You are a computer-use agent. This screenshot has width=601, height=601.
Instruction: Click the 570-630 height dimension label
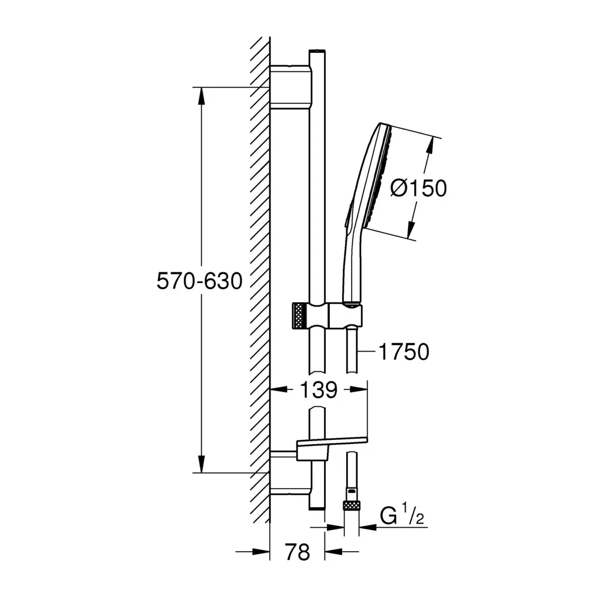click(x=200, y=281)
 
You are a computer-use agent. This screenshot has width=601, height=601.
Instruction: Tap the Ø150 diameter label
click(x=418, y=188)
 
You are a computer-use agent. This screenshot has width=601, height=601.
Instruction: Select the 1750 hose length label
click(x=404, y=352)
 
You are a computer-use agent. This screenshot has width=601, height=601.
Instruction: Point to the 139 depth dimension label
click(x=319, y=390)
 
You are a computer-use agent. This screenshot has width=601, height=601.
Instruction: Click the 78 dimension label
click(x=297, y=552)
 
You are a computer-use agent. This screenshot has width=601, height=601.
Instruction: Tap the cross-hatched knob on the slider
click(x=300, y=316)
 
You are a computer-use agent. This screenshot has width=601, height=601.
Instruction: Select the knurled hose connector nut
click(x=352, y=505)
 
